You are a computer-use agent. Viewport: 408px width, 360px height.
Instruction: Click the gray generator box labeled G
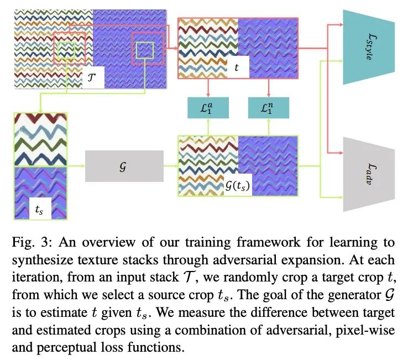click(124, 165)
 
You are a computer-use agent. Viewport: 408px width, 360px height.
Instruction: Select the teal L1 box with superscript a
click(208, 107)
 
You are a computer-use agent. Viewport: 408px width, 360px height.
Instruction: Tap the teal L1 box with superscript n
click(268, 107)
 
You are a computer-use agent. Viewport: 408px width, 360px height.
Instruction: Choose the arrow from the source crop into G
click(76, 165)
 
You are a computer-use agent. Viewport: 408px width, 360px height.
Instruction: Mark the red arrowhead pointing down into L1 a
click(208, 95)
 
